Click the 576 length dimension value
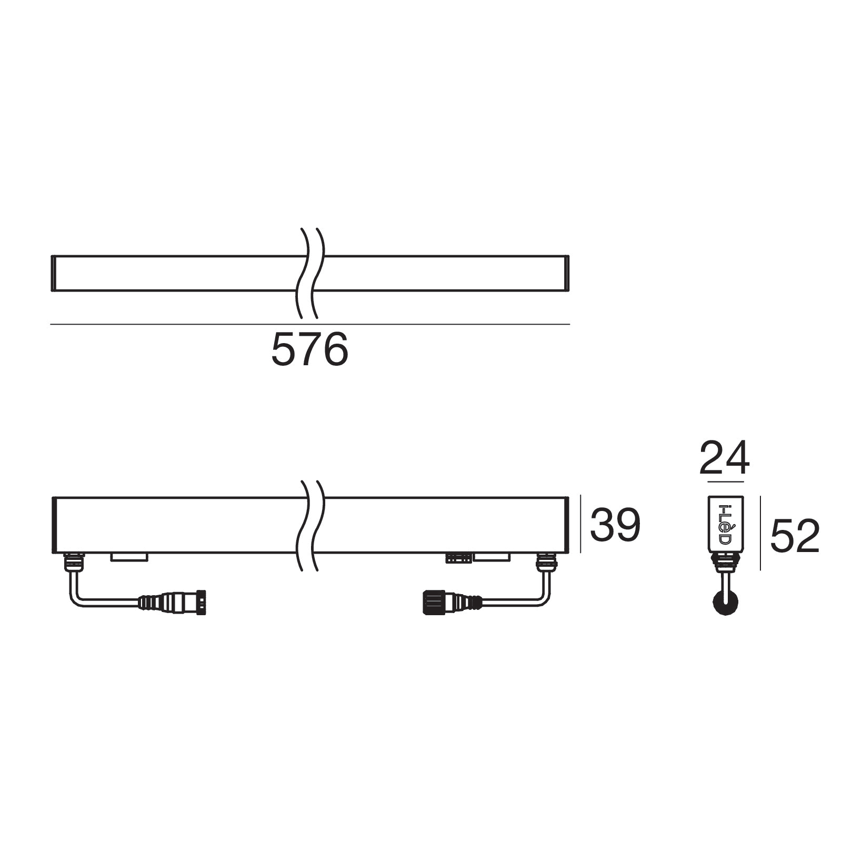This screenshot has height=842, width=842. pos(309,349)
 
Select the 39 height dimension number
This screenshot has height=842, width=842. pos(615,525)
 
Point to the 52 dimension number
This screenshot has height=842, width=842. pos(795,536)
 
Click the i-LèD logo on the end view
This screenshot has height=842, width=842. pos(725,525)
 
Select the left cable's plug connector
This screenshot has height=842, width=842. pos(173,602)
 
